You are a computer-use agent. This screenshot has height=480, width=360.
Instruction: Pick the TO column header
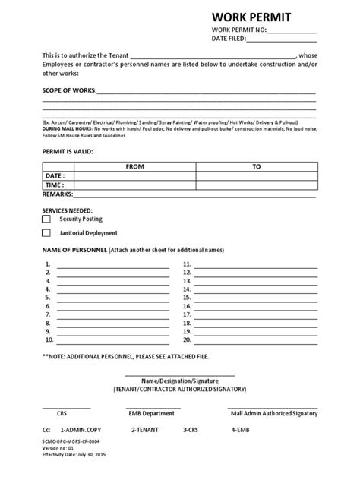tap(256, 165)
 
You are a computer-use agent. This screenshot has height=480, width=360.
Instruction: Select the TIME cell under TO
tap(256, 185)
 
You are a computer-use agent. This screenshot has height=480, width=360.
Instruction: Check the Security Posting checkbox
tap(46, 219)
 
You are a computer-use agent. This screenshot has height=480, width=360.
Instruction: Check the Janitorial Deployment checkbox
tap(46, 233)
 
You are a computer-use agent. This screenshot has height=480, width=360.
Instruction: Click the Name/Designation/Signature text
tap(180, 380)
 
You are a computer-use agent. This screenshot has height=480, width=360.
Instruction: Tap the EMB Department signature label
tap(154, 415)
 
